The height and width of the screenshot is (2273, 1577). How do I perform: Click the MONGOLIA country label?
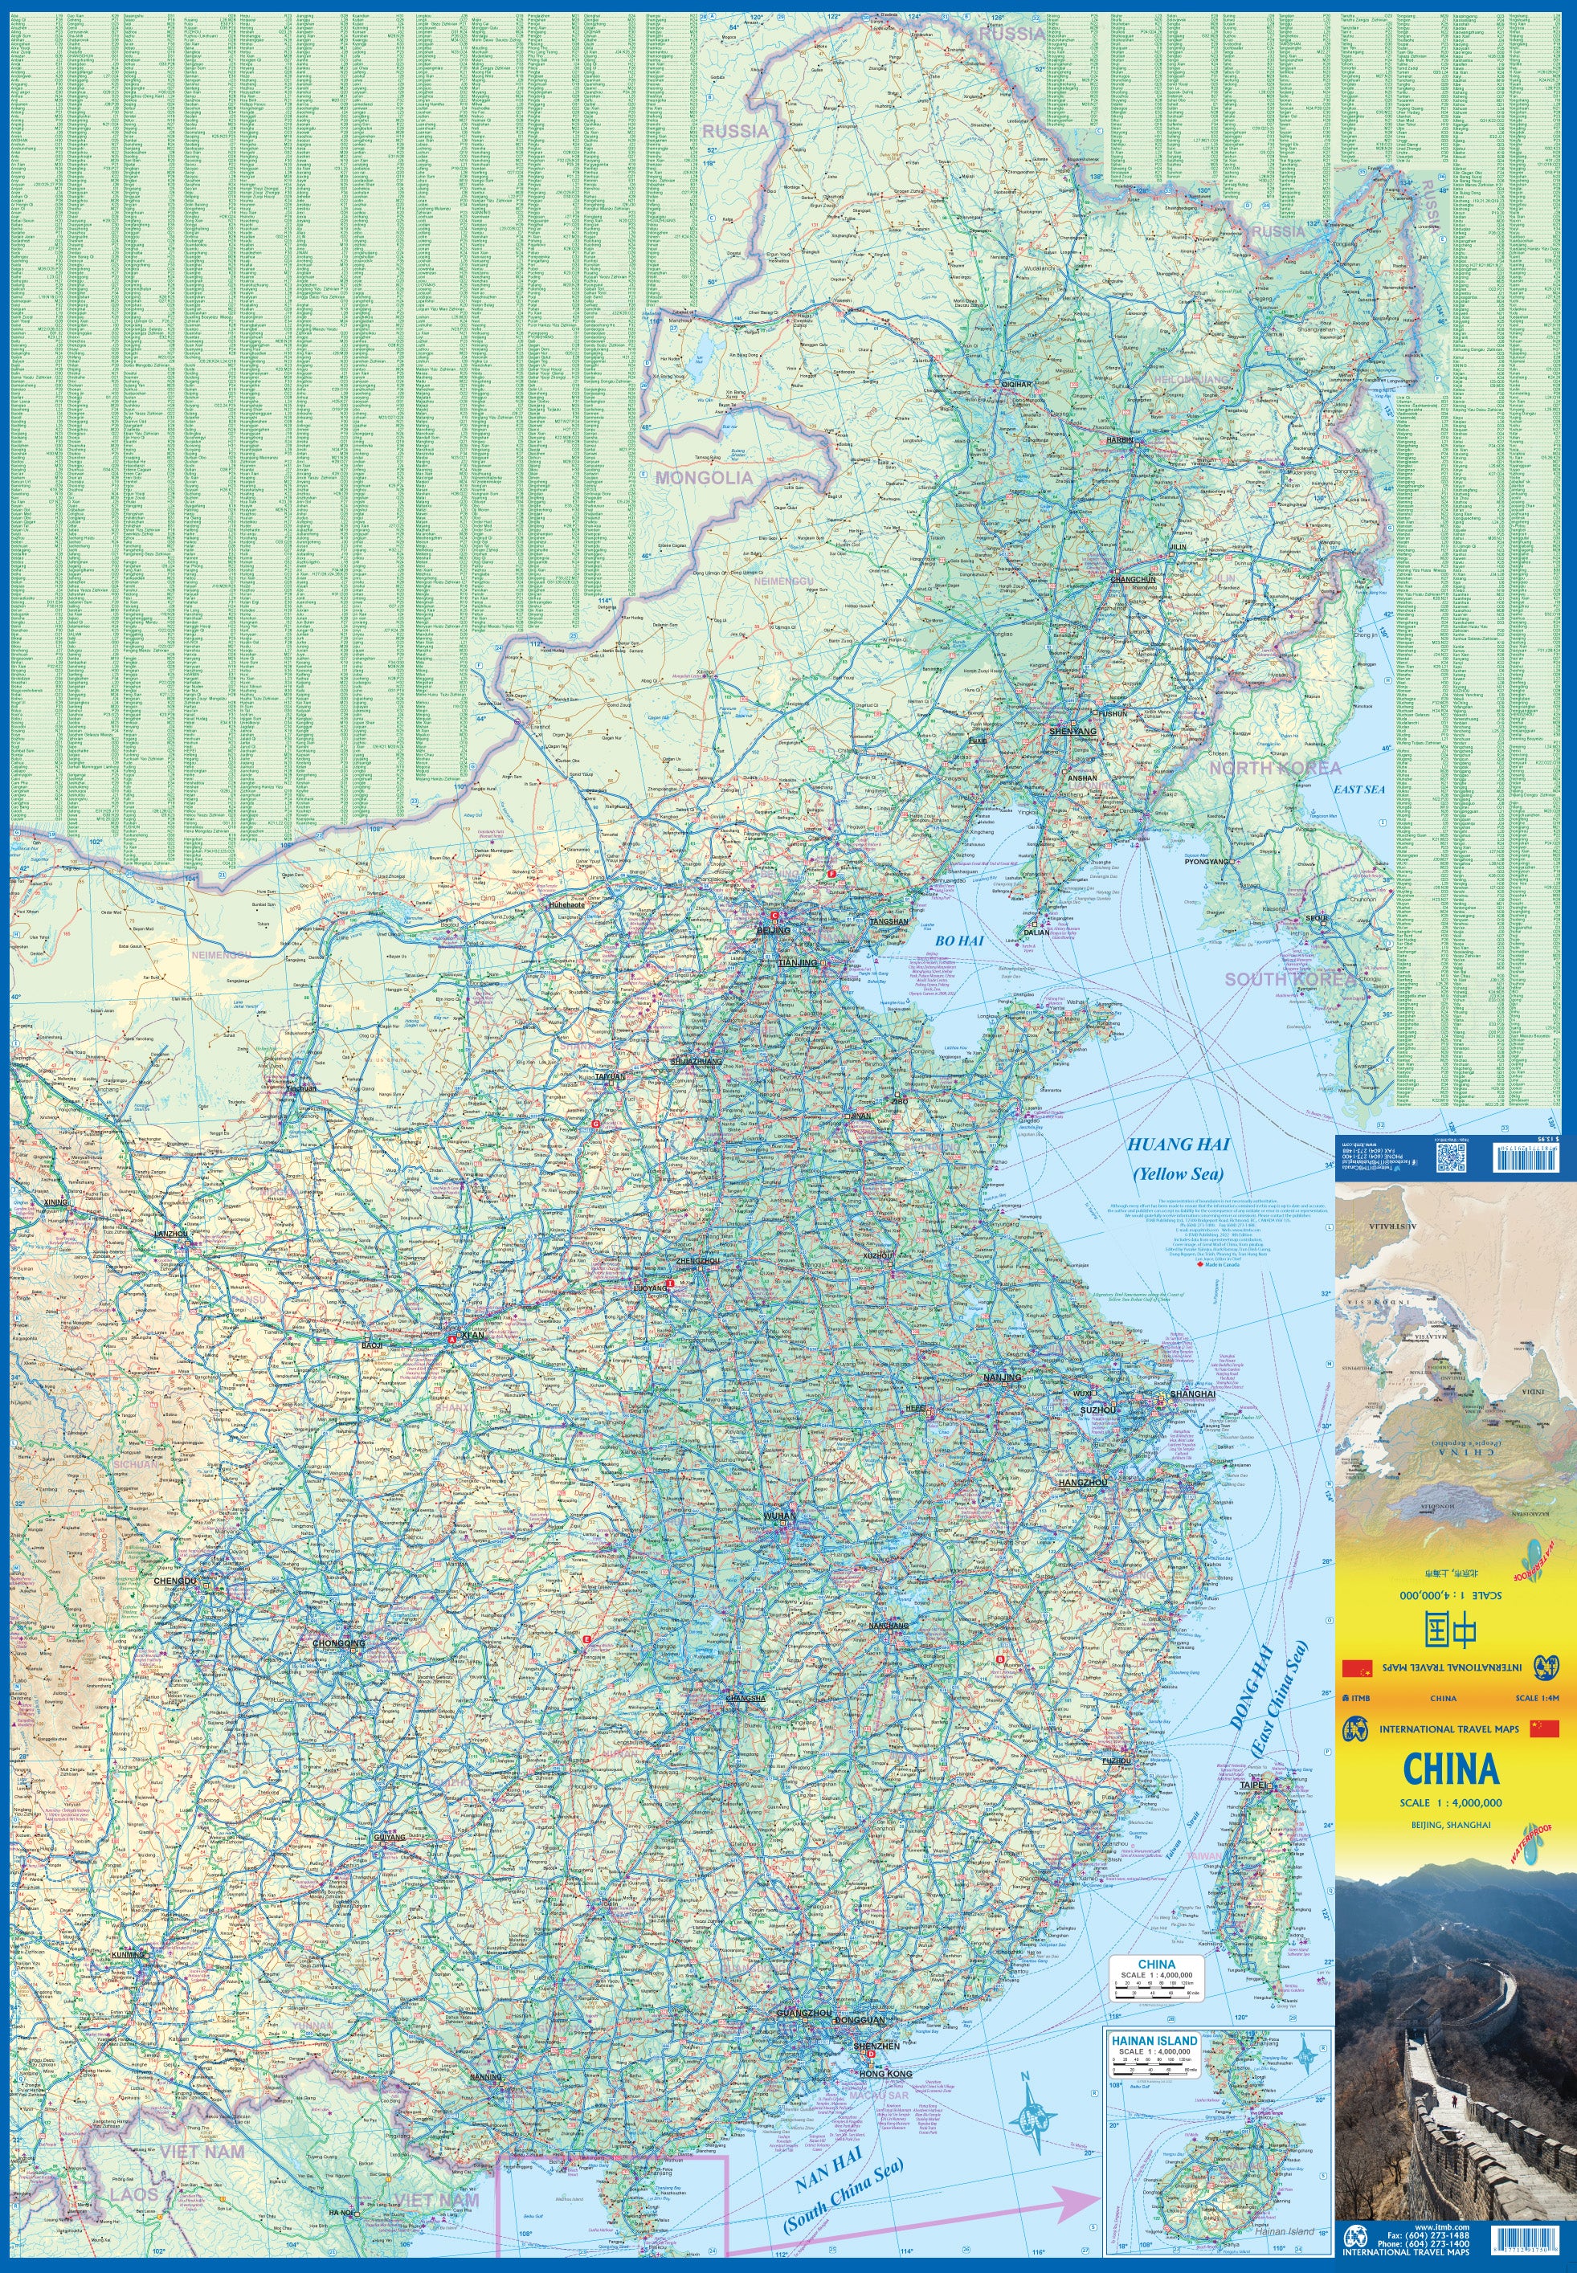[x=704, y=478]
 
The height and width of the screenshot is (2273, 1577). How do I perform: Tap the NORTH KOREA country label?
[x=1275, y=768]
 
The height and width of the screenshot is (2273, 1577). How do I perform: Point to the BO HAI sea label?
[x=959, y=941]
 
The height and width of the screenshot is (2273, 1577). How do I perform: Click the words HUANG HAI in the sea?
[x=1178, y=1145]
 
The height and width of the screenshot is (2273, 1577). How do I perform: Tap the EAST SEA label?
[x=1358, y=790]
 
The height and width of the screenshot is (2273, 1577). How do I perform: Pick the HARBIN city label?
[x=1120, y=439]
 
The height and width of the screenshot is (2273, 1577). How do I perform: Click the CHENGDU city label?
[x=175, y=1581]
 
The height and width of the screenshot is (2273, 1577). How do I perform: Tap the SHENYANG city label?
[x=1072, y=732]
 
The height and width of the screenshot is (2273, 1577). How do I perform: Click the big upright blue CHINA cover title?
[x=1451, y=1769]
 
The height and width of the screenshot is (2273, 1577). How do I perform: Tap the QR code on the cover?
[x=1449, y=1157]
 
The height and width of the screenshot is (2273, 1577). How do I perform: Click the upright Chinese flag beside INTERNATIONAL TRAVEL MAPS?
[x=1543, y=1728]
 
